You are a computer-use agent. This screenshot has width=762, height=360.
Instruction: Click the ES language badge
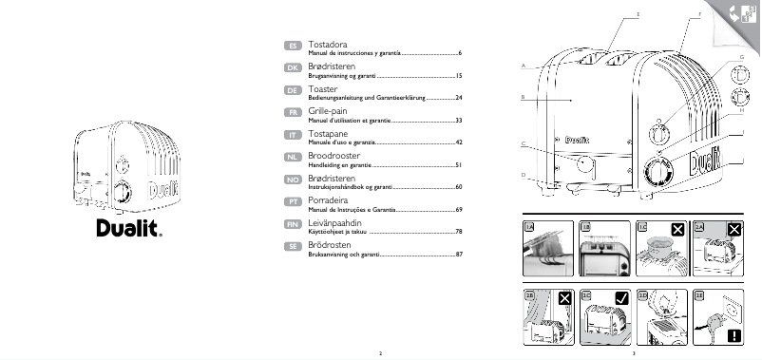[x=294, y=46]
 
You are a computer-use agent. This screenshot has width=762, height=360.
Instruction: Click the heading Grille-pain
[x=328, y=111]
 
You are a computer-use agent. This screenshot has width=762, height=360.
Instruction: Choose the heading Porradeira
[x=330, y=200]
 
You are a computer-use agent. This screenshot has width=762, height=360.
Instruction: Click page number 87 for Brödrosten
[x=458, y=255]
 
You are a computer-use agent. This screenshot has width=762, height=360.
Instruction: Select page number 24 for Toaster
[x=458, y=98]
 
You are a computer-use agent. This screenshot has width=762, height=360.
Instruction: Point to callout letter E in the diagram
[x=638, y=14]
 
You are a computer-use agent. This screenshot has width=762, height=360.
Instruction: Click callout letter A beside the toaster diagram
[x=524, y=65]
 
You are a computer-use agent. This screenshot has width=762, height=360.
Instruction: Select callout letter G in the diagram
[x=740, y=58]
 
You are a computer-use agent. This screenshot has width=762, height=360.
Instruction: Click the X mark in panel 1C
[x=677, y=229]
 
